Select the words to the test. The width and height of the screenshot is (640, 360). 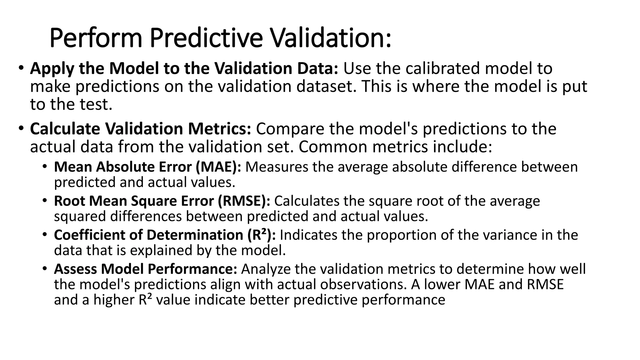[71, 104]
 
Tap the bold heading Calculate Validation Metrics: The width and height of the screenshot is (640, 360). [140, 129]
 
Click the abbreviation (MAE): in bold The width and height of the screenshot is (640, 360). [218, 167]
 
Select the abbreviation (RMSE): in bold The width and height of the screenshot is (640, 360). [244, 201]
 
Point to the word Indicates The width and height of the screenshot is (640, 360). [308, 235]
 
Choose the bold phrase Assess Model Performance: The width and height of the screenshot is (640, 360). [146, 269]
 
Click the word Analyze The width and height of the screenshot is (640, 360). [263, 269]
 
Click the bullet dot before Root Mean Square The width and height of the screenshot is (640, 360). [45, 200]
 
